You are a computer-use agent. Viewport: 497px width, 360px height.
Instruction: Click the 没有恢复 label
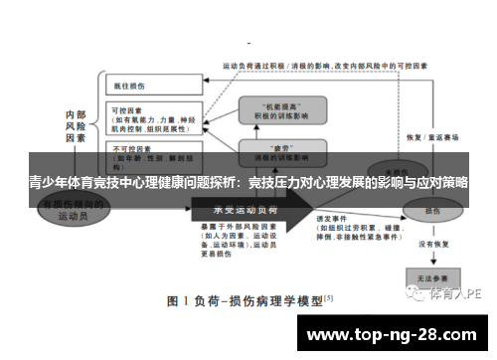pyautogui.click(x=434, y=244)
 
